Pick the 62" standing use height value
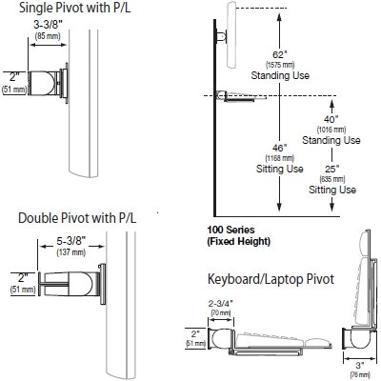(x=278, y=56)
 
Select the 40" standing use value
(x=331, y=118)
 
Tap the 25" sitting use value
(x=331, y=170)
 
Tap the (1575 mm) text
(x=278, y=66)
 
